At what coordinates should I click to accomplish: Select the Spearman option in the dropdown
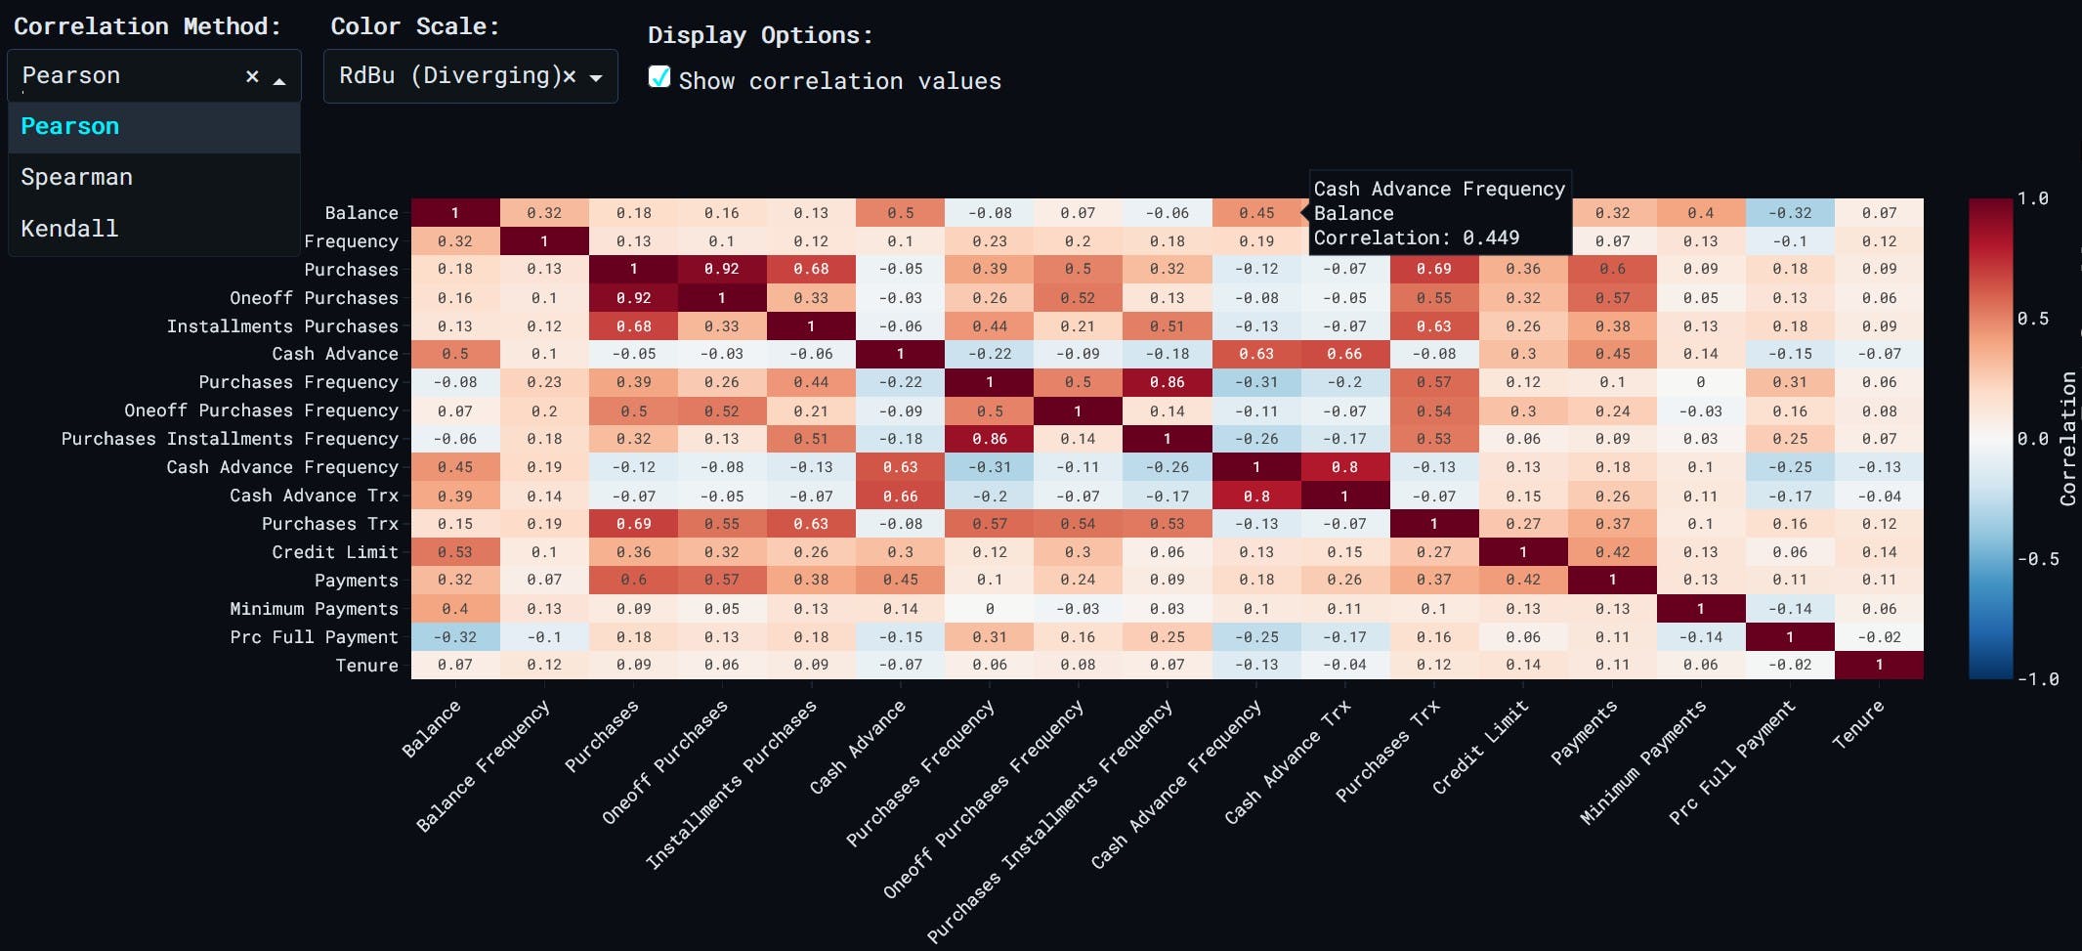coord(76,177)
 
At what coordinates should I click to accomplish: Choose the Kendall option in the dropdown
coord(69,228)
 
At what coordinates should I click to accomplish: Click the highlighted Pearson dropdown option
coord(70,126)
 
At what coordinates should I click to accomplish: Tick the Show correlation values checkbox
coord(659,78)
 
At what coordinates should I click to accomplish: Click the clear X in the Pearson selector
coord(252,76)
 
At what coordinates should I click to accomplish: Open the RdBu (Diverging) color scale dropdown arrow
coord(596,77)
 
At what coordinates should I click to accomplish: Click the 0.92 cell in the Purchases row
coord(722,269)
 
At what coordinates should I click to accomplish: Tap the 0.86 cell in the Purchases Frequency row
coord(1167,382)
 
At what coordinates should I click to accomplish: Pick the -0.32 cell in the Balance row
coord(1790,212)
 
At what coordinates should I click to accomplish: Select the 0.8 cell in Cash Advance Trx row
coord(1256,496)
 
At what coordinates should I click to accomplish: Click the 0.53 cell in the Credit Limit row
coord(455,552)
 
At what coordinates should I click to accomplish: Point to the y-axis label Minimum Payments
coord(314,609)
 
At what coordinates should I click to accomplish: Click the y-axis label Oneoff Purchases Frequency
coord(261,411)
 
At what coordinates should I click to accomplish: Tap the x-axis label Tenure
coord(1857,725)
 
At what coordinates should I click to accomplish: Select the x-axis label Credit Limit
coord(1479,748)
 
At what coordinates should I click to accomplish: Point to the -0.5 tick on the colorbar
coord(2038,559)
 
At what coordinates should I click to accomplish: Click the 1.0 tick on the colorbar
coord(2033,198)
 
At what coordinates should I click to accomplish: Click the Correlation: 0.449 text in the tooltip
coord(1416,238)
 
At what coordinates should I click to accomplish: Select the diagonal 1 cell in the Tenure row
coord(1879,665)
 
